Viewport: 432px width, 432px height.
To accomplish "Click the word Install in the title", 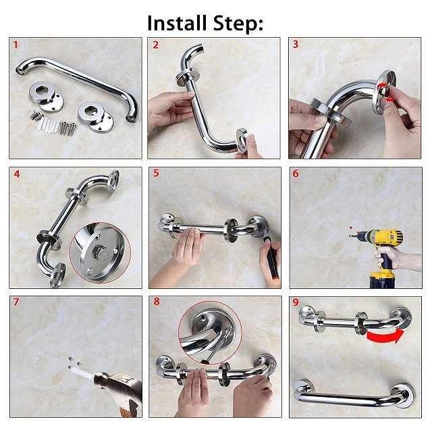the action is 177,23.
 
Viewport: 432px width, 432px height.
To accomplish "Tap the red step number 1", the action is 16,45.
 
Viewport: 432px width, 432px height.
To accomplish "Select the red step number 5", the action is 156,173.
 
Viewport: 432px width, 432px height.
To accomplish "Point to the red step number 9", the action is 296,302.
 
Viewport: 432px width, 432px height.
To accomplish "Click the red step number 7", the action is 16,302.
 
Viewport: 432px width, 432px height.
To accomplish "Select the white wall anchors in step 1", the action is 49,125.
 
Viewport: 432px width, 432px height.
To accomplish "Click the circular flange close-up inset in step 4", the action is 100,252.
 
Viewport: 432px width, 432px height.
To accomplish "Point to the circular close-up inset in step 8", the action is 210,333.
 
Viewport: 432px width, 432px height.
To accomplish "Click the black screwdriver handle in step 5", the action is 272,260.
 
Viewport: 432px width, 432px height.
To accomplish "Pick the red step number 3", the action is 296,45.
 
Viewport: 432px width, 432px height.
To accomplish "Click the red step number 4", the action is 17,174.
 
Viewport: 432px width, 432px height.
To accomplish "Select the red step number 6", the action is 296,173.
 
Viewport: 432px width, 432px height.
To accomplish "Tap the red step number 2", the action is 156,45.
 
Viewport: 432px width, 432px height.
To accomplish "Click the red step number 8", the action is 157,302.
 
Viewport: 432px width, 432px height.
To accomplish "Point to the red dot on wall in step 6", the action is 350,228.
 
